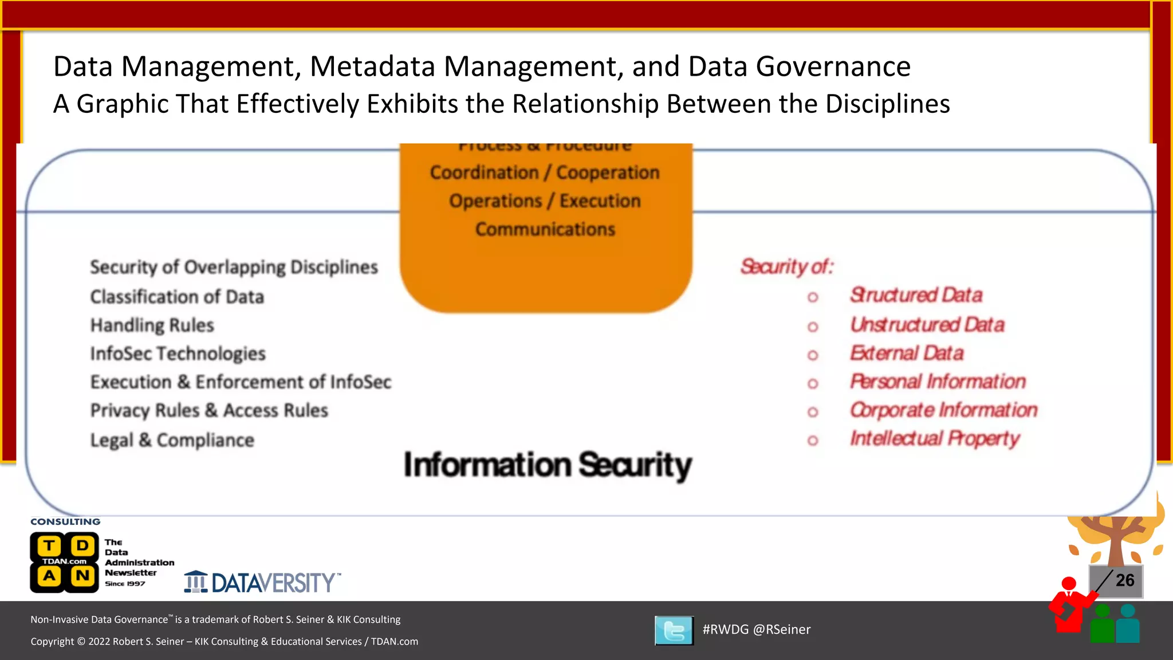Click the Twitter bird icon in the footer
click(x=674, y=630)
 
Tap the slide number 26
click(x=1124, y=580)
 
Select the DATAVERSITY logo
click(x=262, y=582)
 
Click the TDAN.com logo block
click(x=65, y=562)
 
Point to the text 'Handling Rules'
click(x=152, y=325)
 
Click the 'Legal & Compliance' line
click(x=172, y=440)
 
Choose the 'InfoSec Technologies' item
click(x=178, y=353)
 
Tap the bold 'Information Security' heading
click(x=548, y=465)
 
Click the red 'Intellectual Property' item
click(x=935, y=439)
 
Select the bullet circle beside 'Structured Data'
click(x=813, y=297)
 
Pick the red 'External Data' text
click(x=907, y=353)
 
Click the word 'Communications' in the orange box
click(x=545, y=229)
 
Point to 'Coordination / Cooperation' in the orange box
click(x=545, y=172)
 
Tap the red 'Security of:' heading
click(x=786, y=266)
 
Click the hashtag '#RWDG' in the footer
click(x=725, y=629)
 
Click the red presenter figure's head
click(x=1069, y=584)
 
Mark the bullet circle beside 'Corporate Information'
click(x=813, y=412)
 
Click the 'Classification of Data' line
click(x=177, y=297)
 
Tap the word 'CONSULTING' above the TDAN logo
click(x=65, y=522)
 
